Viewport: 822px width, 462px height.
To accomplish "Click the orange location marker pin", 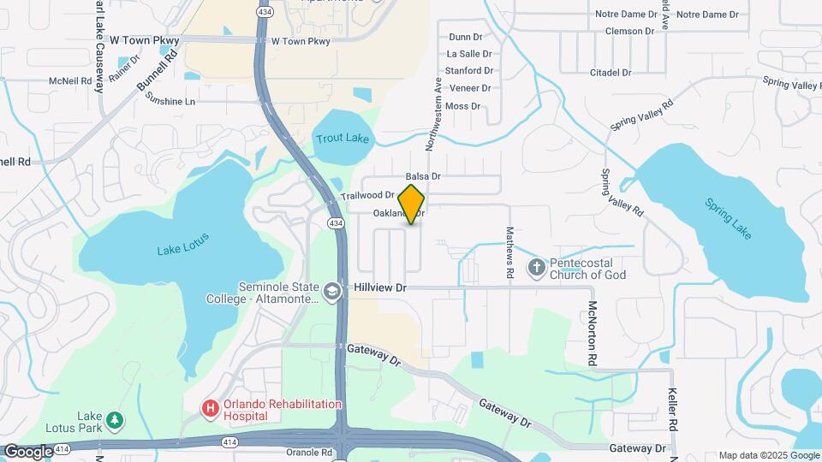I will point(412,204).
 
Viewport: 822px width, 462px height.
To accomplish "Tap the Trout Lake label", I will point(342,139).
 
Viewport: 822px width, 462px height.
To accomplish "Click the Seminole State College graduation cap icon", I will point(331,293).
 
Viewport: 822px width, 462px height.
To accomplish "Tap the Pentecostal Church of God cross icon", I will point(537,269).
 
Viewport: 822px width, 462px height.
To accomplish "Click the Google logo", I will point(27,451).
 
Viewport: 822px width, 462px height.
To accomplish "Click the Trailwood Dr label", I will point(366,196).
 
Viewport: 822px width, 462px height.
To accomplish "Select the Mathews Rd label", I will point(509,251).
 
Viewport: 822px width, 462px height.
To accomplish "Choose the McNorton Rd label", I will point(592,333).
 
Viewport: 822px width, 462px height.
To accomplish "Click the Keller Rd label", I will point(674,413).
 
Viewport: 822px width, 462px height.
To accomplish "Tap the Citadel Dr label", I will point(610,73).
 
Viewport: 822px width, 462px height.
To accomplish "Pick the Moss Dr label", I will point(462,106).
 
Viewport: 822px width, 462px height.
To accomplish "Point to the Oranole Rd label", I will point(309,452).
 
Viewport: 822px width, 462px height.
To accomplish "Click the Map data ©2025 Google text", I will point(768,455).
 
